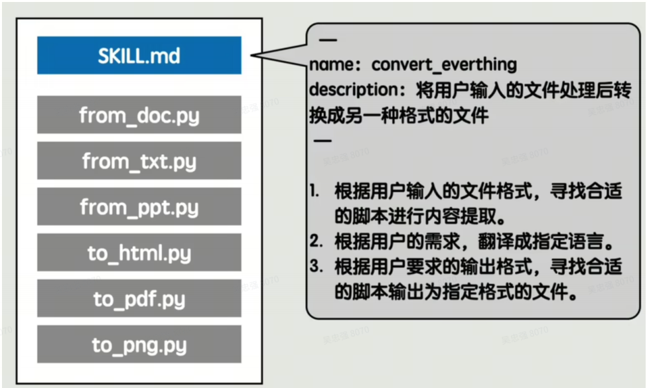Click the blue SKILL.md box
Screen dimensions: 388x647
click(x=139, y=56)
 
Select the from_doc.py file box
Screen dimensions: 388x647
click(x=139, y=115)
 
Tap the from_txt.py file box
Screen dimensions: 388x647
click(x=139, y=161)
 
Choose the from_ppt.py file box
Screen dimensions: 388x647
click(x=139, y=207)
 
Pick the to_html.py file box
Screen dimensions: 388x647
click(x=139, y=253)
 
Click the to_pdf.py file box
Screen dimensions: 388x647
click(x=139, y=299)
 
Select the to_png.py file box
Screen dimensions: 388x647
click(x=139, y=345)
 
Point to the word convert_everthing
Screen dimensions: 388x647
click(x=444, y=64)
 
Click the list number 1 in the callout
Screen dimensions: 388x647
click(x=315, y=192)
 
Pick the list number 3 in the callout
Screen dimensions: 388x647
click(x=315, y=267)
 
